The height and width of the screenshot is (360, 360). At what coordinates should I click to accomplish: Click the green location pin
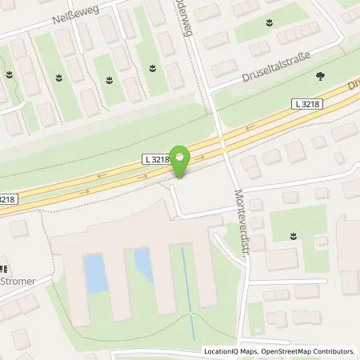182,160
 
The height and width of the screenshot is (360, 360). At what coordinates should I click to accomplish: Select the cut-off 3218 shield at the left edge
6,199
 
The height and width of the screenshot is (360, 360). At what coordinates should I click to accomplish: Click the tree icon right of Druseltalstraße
320,77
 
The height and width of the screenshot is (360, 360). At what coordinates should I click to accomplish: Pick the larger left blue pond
95,273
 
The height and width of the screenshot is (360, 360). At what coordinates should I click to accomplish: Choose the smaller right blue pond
143,266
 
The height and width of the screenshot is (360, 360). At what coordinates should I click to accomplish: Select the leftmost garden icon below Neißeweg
10,75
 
